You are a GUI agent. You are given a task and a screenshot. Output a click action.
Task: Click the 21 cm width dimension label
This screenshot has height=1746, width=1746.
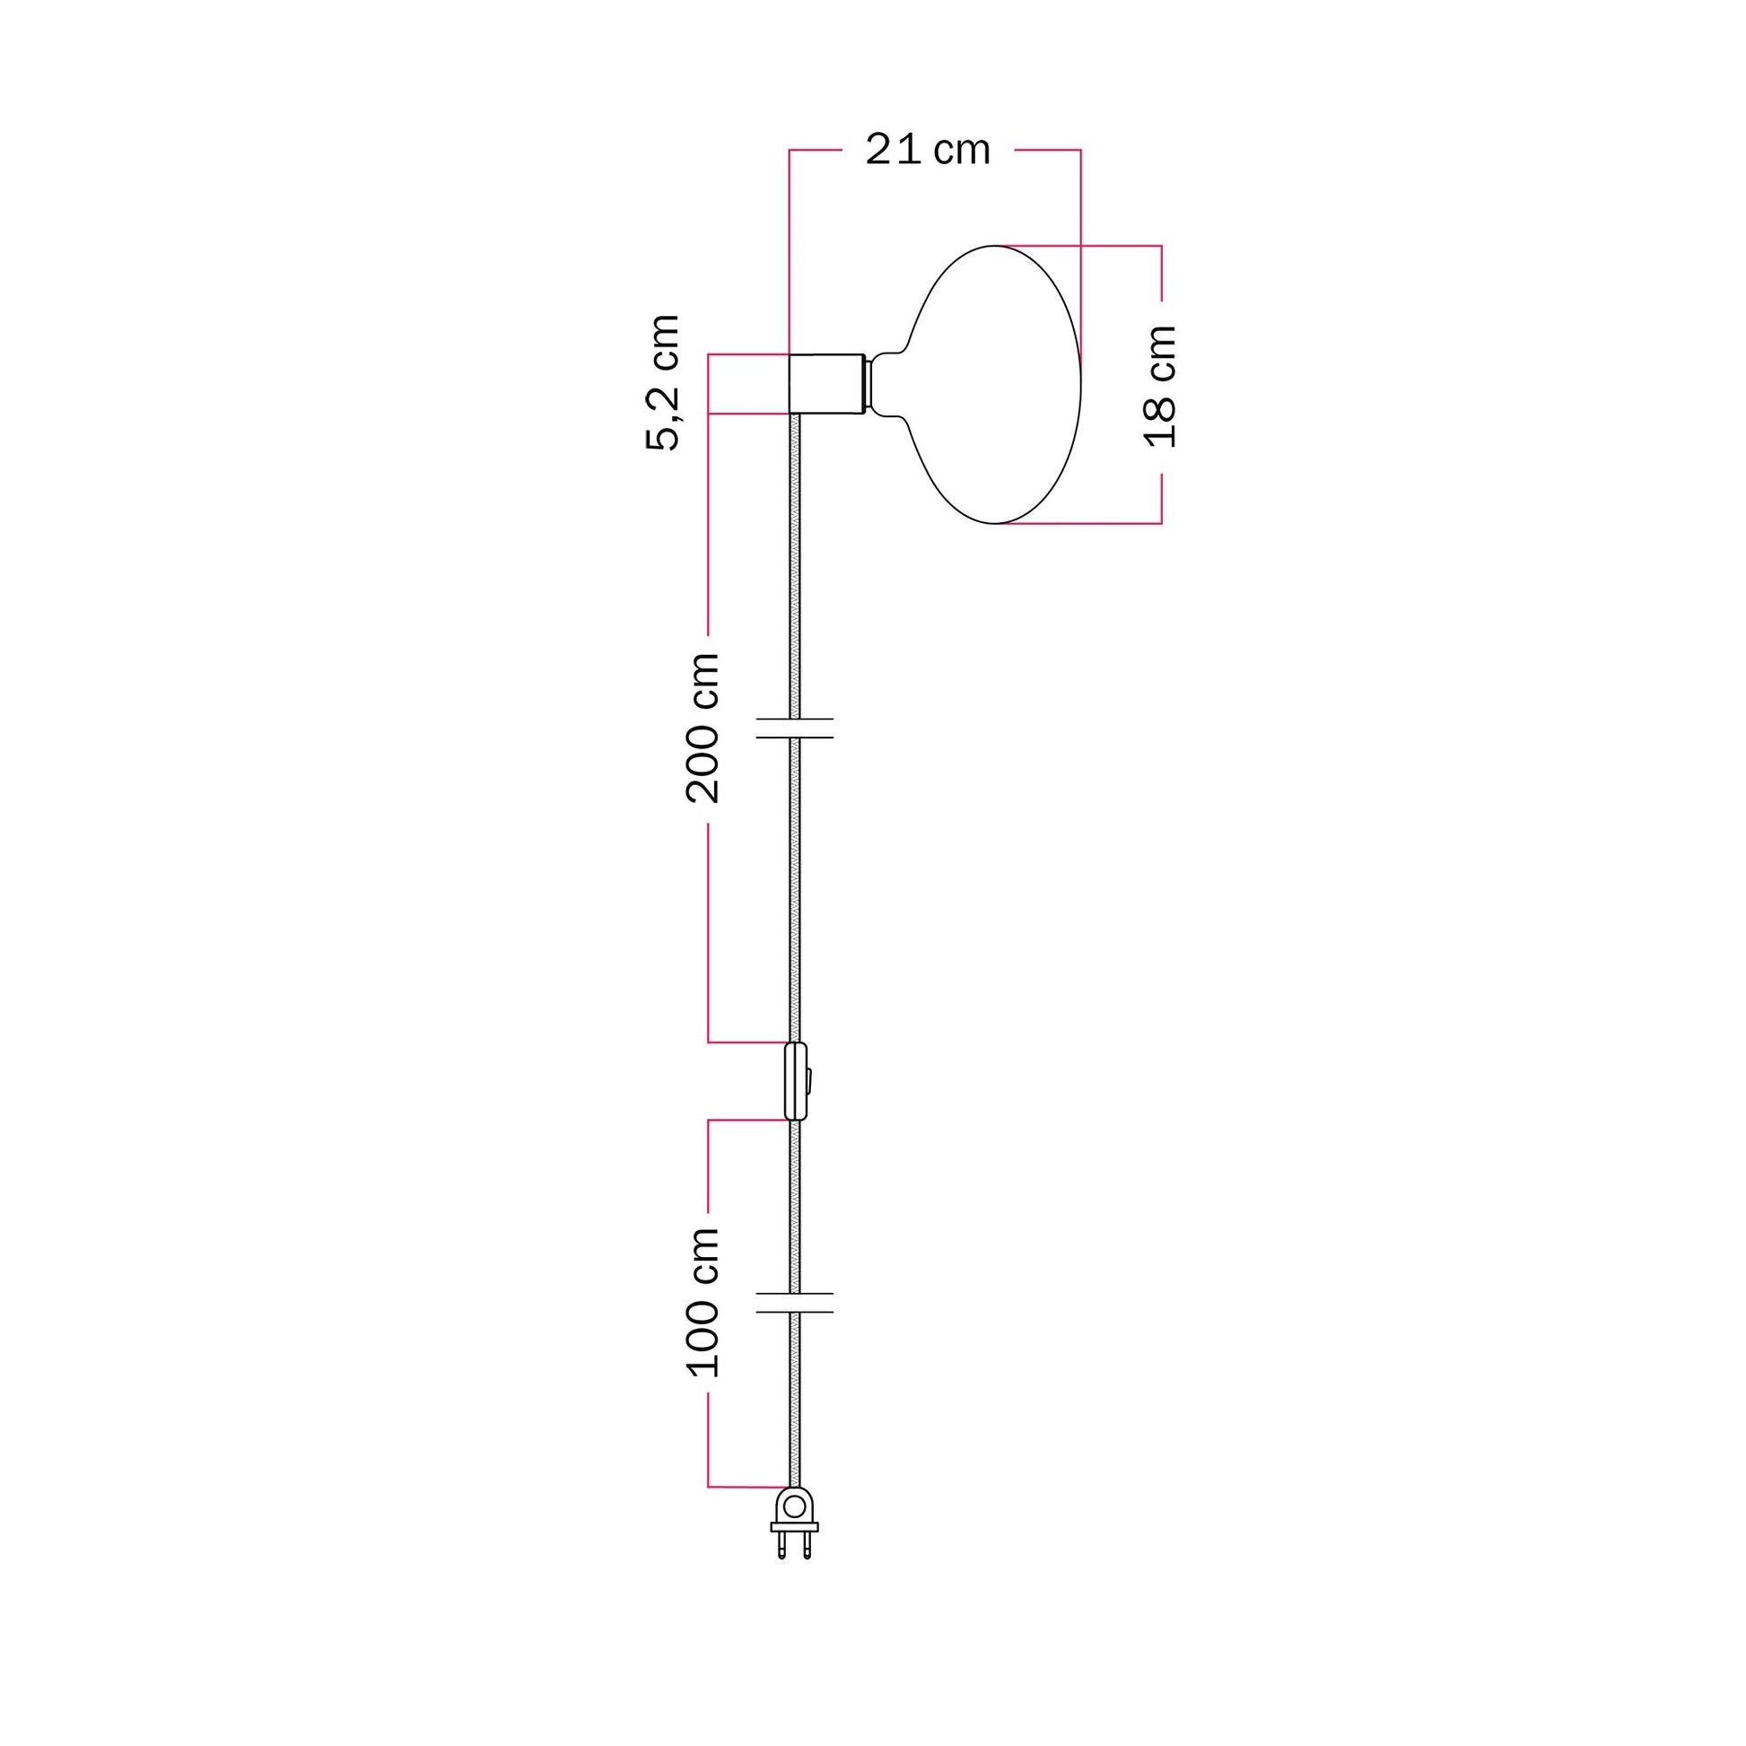point(927,150)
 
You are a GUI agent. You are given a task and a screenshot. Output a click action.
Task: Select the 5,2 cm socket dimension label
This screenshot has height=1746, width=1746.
point(662,382)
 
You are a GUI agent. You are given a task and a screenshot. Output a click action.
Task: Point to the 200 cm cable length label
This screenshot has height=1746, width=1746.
point(703,729)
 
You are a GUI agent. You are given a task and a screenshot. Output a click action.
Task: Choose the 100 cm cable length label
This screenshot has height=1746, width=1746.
point(703,1302)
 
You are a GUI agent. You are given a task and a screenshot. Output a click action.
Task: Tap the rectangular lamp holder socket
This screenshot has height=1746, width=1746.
point(826,383)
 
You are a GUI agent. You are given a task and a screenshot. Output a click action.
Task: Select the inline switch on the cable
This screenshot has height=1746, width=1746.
point(796,1082)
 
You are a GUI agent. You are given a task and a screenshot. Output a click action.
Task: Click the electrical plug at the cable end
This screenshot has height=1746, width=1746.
point(794,1525)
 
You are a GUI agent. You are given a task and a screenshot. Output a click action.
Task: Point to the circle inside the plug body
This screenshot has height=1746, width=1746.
point(794,1506)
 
